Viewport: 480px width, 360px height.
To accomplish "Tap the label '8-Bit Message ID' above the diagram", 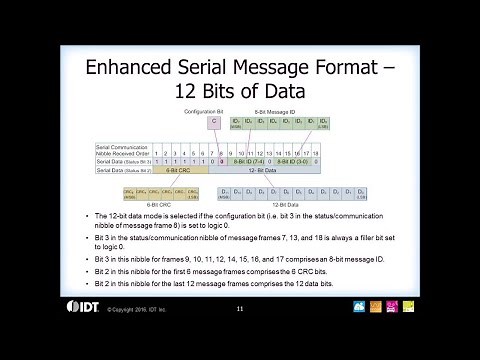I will tap(273, 109).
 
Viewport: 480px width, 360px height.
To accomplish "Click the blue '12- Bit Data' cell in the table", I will tap(264, 171).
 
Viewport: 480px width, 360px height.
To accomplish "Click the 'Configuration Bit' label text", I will tap(213, 109).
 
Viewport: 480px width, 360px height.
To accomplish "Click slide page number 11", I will tap(240, 308).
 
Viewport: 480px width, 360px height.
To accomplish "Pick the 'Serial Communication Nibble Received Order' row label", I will tap(122, 149).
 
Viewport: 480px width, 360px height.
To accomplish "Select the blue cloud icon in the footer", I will tap(359, 307).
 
